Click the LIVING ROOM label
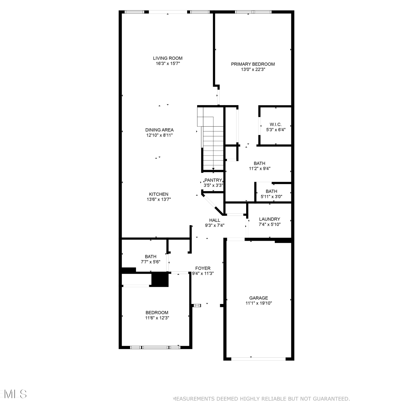point(168,58)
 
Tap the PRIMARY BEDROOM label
point(253,64)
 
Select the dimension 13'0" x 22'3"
point(253,69)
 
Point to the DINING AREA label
point(159,130)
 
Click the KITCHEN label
point(159,194)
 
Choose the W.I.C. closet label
point(276,124)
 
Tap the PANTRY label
point(213,180)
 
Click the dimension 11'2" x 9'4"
point(260,169)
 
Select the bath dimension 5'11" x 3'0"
point(271,197)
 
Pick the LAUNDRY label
point(270,219)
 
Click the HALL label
point(214,220)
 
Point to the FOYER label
point(203,268)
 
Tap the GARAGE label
point(259,298)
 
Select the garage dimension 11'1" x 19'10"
point(259,303)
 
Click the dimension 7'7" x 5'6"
point(151,262)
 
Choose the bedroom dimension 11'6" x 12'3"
point(157,318)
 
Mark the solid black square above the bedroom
point(160,279)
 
